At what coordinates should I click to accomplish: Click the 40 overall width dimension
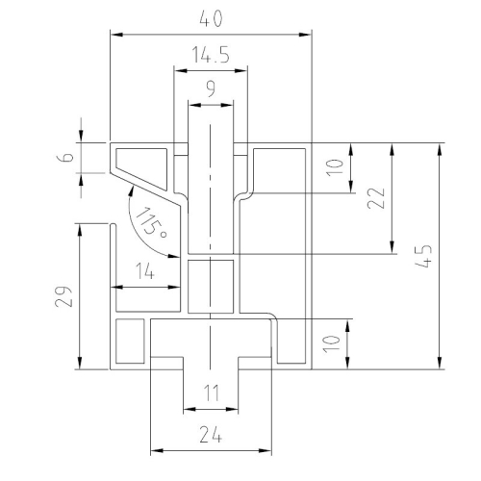[210, 18]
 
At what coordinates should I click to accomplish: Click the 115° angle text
[149, 223]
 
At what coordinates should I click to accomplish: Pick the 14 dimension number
[145, 272]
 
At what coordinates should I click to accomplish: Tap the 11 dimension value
[210, 392]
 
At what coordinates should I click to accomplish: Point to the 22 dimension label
[377, 198]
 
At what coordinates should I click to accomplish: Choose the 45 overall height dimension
[425, 256]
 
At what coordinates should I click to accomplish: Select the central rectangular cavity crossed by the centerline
[210, 286]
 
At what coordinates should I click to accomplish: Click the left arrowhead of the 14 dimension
[116, 287]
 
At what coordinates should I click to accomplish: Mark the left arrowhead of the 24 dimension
[155, 449]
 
